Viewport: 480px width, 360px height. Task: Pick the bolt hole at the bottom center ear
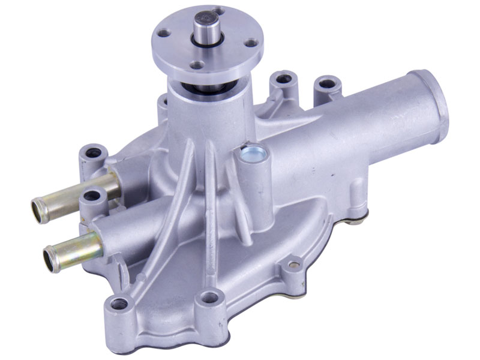coord(209,297)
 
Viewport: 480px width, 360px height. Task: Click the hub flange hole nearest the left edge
coord(163,33)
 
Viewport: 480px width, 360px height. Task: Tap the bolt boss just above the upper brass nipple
coord(93,153)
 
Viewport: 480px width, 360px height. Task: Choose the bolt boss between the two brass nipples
coord(92,196)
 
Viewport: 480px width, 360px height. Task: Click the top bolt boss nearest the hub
coord(283,78)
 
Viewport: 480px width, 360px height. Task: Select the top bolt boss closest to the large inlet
coord(327,83)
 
